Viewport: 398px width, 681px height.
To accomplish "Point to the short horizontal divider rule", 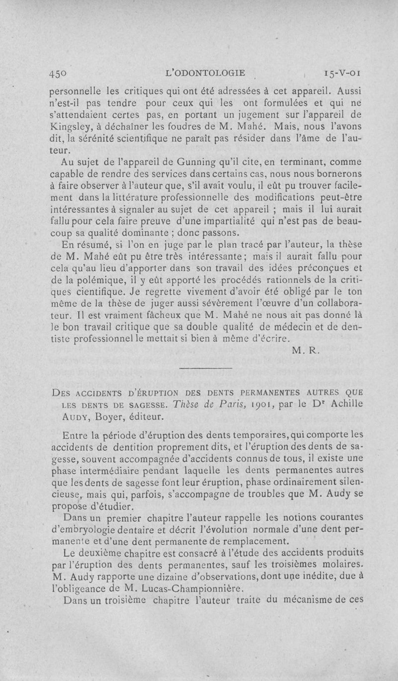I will tap(205, 368).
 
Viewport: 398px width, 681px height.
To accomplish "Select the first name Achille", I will tap(346, 403).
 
